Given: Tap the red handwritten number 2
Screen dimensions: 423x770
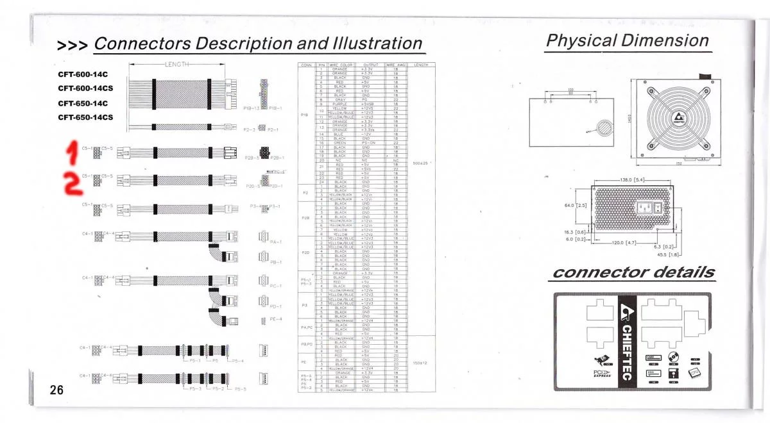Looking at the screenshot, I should tap(74, 184).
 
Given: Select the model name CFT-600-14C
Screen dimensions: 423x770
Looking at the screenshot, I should tap(83, 74).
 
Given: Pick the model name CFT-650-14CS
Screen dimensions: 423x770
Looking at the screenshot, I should tap(85, 117).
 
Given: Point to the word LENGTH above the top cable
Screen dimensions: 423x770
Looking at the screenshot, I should tap(177, 64).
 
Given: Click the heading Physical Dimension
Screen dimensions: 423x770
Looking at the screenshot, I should tap(627, 40).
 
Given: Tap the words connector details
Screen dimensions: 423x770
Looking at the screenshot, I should tap(633, 272).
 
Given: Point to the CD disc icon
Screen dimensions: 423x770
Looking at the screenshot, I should tap(673, 358).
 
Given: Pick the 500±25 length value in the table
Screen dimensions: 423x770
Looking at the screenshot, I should tap(421, 163).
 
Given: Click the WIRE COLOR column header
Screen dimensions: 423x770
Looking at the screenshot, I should tap(341, 65).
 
